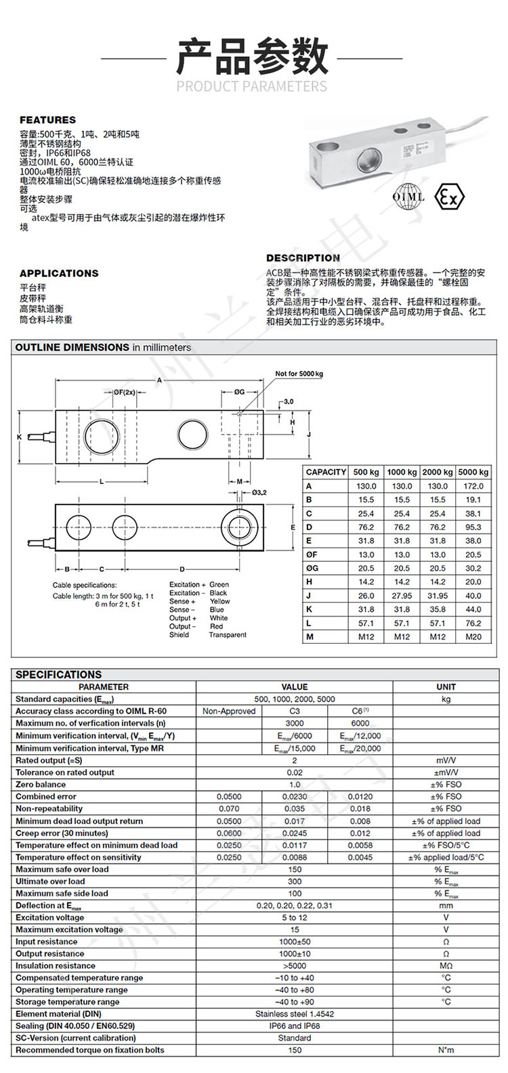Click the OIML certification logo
click(x=408, y=197)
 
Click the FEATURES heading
click(x=47, y=120)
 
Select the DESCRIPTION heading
click(x=303, y=258)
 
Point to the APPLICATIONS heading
click(x=59, y=273)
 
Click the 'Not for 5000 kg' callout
click(x=299, y=374)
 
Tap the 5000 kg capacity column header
click(x=473, y=472)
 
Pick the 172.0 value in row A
click(x=473, y=486)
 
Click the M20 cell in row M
click(x=473, y=637)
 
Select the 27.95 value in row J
click(x=402, y=596)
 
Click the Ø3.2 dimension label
click(x=259, y=492)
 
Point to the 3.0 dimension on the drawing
click(x=289, y=401)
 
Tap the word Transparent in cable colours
click(x=228, y=635)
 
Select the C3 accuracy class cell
click(x=295, y=711)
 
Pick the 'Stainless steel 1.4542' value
click(x=295, y=1014)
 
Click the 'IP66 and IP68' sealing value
click(x=295, y=1026)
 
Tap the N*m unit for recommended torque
click(x=446, y=1050)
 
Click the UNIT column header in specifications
click(x=446, y=686)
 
